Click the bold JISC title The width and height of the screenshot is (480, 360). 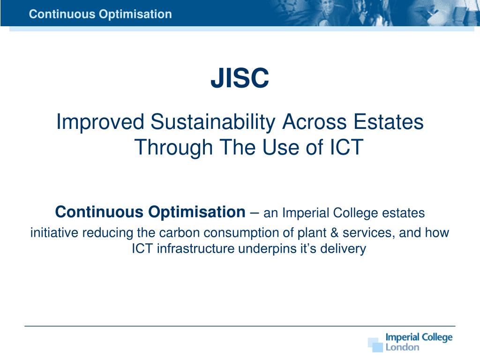(x=240, y=78)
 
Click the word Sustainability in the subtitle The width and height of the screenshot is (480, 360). (x=213, y=122)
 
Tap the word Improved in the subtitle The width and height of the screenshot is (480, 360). (x=100, y=122)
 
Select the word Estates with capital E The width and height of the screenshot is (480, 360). (x=388, y=121)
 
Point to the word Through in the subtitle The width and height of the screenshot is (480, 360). (x=173, y=147)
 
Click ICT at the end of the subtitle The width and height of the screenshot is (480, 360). (x=346, y=147)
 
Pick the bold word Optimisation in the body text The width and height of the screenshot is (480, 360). (x=197, y=212)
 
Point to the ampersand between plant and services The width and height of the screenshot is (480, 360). (x=334, y=233)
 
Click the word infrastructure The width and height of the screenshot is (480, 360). (x=195, y=248)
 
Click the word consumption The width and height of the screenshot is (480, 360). (x=241, y=233)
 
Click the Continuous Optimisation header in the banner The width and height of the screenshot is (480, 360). (x=100, y=15)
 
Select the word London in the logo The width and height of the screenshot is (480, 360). (x=402, y=347)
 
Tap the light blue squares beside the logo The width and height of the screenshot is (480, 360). (x=375, y=345)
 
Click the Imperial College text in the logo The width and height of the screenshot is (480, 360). (x=419, y=337)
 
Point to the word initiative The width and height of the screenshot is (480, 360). (x=54, y=232)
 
